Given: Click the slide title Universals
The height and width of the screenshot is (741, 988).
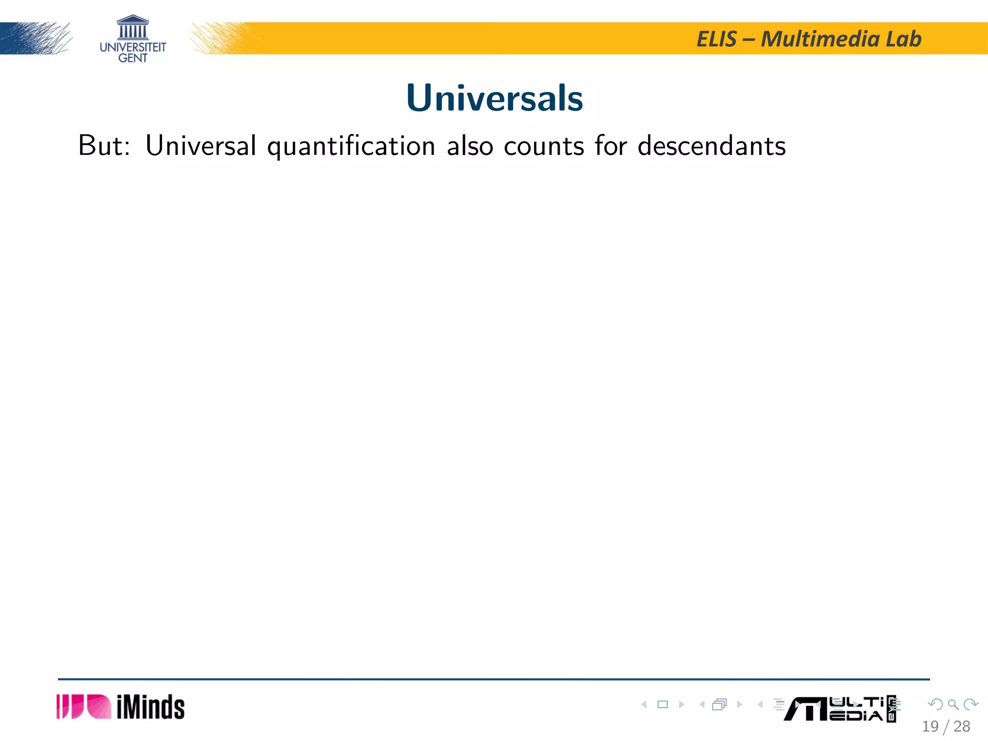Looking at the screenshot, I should click(x=494, y=98).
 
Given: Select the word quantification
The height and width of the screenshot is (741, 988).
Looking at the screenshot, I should click(x=351, y=146).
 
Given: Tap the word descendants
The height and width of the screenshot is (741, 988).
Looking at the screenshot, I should click(x=712, y=145).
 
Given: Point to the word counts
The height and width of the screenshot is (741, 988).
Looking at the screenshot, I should click(x=544, y=146).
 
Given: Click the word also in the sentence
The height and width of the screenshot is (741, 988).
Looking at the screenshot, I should click(x=470, y=145).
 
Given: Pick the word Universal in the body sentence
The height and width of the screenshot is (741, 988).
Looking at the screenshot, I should click(x=201, y=145).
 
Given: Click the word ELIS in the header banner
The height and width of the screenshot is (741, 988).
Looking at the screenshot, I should click(x=716, y=39).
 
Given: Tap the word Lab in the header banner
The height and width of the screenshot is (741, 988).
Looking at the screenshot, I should click(x=904, y=39).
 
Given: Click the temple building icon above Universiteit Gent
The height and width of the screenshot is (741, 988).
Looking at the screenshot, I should click(x=133, y=27).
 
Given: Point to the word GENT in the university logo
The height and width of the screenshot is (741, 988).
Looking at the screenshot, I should click(x=133, y=58).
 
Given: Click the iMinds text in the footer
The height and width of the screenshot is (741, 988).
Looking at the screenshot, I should click(x=151, y=707).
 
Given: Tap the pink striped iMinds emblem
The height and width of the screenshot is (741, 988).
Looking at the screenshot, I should click(x=83, y=707).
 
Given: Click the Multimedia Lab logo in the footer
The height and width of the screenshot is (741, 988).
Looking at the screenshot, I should click(x=839, y=709).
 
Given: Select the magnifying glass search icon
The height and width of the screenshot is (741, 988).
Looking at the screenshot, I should click(x=953, y=704).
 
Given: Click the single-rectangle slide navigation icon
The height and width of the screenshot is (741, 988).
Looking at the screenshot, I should click(x=663, y=704).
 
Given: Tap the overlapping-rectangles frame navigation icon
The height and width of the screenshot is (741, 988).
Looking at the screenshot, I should click(x=719, y=704).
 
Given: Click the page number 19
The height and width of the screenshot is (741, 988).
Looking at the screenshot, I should click(x=930, y=726).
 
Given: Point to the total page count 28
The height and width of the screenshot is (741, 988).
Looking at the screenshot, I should click(x=962, y=726).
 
